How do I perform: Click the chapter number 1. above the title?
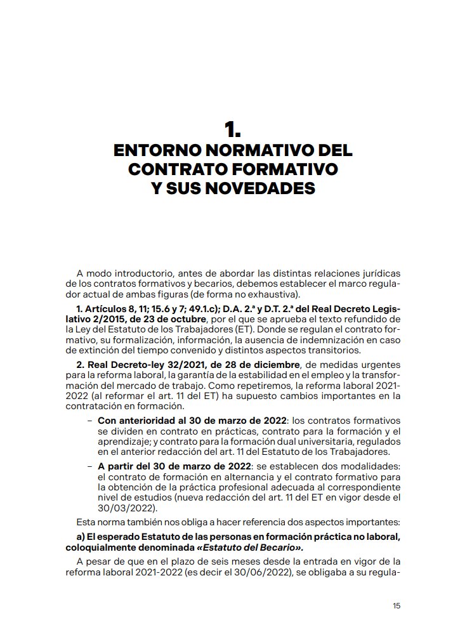[x=232, y=131]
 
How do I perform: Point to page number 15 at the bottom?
[x=397, y=606]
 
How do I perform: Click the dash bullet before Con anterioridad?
[x=91, y=421]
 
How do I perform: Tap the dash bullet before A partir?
[x=91, y=466]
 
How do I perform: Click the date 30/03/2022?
[x=122, y=508]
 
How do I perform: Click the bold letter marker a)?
[x=81, y=537]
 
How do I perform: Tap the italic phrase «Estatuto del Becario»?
[x=254, y=547]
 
